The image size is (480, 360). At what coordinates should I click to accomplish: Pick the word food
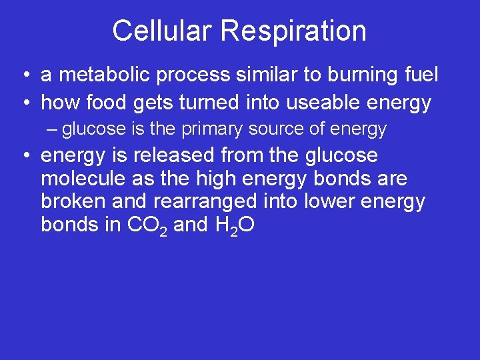point(107,103)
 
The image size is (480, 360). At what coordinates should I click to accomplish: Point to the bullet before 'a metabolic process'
point(24,75)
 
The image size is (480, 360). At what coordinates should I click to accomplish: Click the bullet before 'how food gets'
point(24,103)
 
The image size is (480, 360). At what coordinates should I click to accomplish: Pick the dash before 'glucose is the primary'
point(53,129)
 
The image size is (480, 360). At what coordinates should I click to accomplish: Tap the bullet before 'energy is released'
point(24,156)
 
